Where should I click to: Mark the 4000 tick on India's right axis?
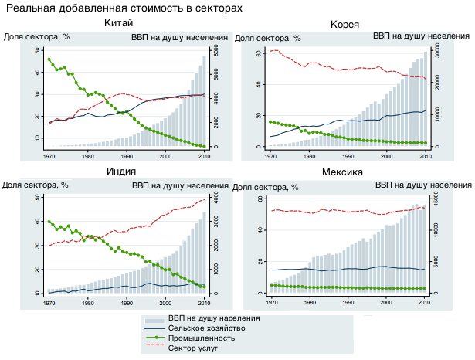pyautogui.click(x=217, y=199)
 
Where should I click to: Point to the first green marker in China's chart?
pyautogui.click(x=49, y=59)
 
